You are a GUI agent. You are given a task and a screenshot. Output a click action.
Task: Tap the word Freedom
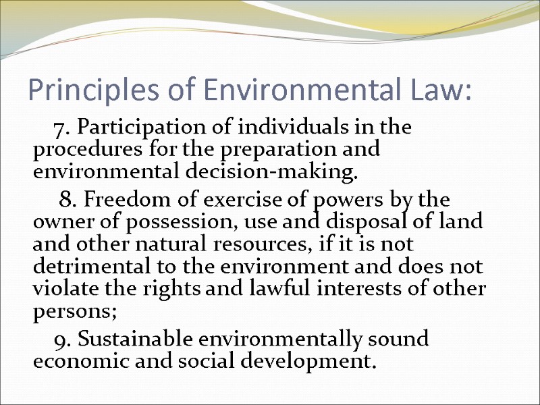click(123, 200)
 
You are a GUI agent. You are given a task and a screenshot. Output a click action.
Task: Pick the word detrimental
click(83, 266)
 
